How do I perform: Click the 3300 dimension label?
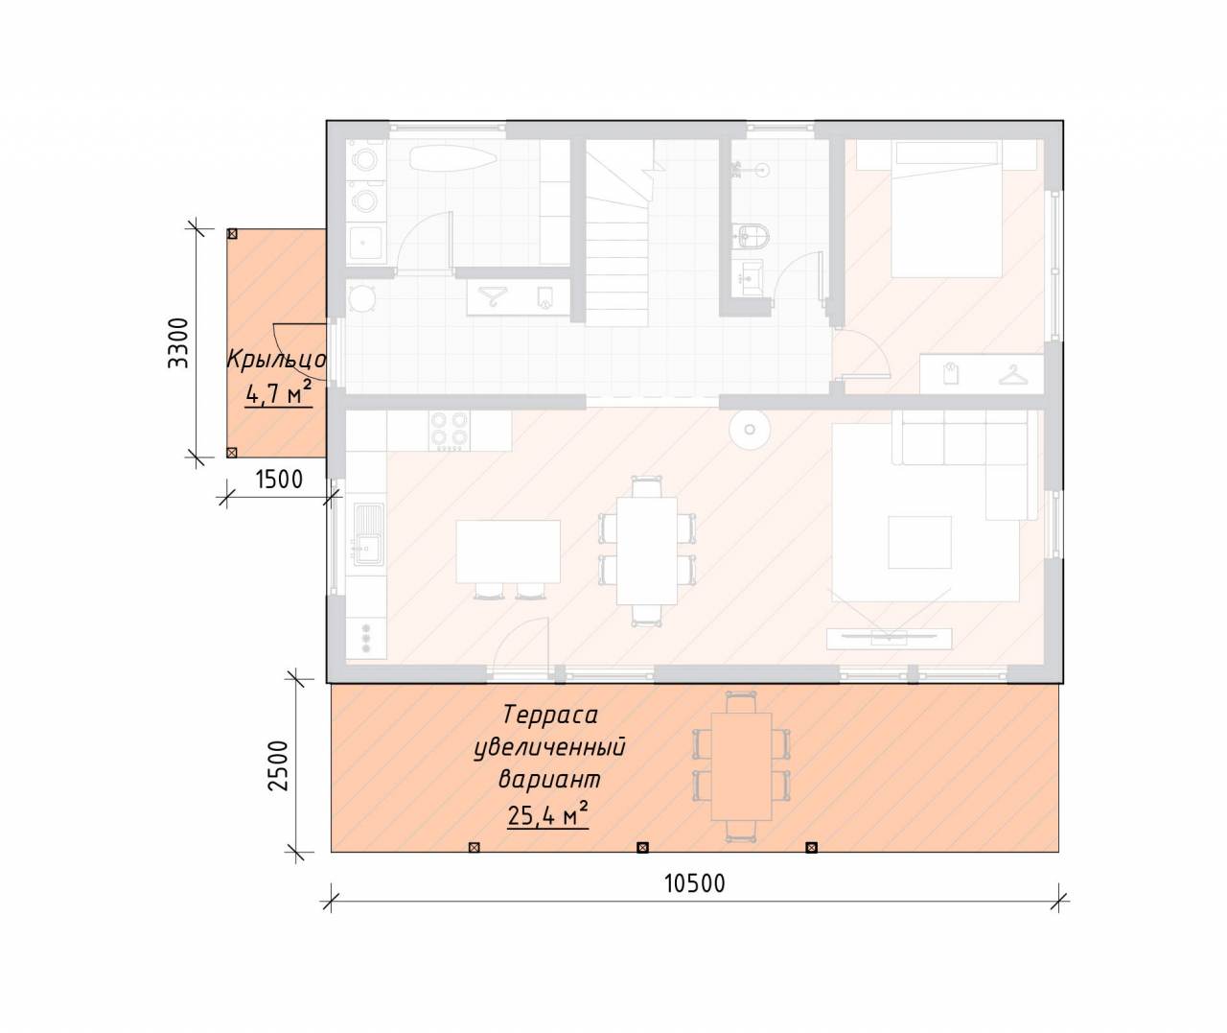point(178,342)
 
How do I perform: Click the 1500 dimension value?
point(279,480)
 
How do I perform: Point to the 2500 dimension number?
point(278,764)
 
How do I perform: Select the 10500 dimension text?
point(695,883)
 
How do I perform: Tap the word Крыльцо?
point(276,360)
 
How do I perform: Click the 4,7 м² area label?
point(277,394)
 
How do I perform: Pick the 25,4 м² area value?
point(547,815)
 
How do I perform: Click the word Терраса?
point(550,716)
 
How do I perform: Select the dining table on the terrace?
point(741,766)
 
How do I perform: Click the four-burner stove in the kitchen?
point(450,431)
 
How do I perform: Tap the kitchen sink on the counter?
point(368,534)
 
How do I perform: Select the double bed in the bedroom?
point(946,208)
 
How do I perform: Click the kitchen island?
point(508,551)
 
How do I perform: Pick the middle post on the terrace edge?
point(643,847)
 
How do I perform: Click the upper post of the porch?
point(232,234)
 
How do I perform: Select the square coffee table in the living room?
point(919,542)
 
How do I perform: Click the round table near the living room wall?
point(750,430)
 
